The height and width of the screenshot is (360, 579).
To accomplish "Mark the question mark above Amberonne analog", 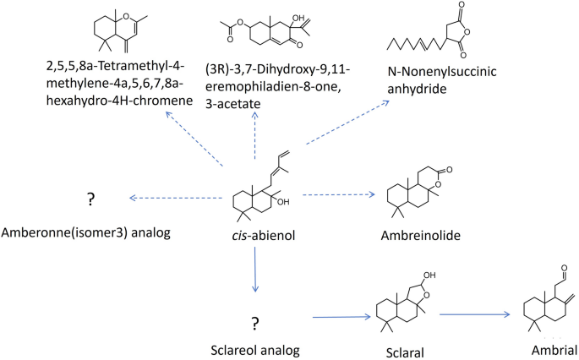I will tap(90, 199).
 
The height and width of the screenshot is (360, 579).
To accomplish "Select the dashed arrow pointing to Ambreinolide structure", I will tap(337, 195).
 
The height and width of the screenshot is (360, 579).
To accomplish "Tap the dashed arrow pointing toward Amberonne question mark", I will tap(171, 198).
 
